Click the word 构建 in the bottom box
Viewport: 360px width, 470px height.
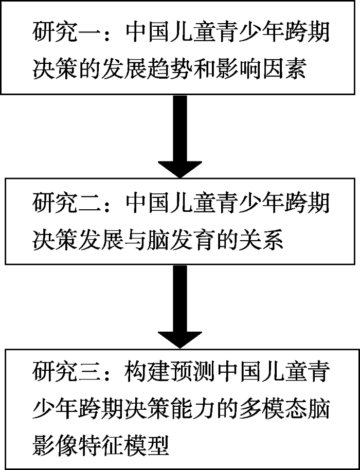[x=144, y=371]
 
